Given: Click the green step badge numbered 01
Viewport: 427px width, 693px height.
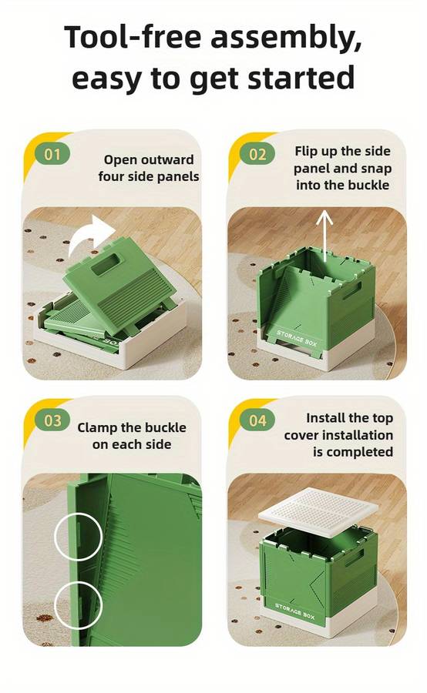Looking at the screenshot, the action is [x=52, y=154].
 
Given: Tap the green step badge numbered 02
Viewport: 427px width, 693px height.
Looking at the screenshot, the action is [x=257, y=154].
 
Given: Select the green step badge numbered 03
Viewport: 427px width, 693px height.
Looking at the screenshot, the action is [x=52, y=420].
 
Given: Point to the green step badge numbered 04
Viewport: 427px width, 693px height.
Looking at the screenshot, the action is [x=257, y=420].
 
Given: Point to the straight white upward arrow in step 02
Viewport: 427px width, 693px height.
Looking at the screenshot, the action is [x=325, y=236].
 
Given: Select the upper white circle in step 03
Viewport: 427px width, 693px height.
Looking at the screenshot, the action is [x=79, y=537].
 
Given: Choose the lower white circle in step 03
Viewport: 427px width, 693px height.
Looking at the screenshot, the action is [x=79, y=605].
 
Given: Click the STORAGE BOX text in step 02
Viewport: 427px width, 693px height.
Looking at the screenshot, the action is [x=297, y=339].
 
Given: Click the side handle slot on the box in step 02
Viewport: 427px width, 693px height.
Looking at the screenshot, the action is [x=351, y=291].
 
